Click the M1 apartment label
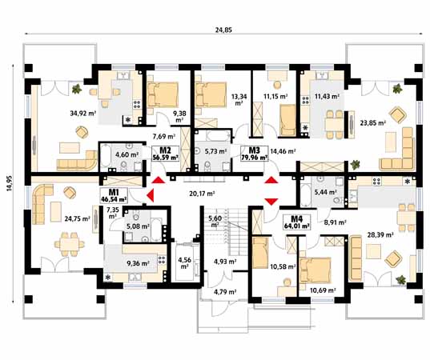click(114, 195)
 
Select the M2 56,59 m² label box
click(166, 154)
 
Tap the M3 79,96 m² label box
click(254, 154)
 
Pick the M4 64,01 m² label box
click(297, 222)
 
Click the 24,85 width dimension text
click(223, 30)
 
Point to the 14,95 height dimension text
click(10, 182)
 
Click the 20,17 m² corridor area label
click(202, 194)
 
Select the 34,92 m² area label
click(83, 113)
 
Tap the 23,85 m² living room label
click(373, 123)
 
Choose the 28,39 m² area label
click(380, 234)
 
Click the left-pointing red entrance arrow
click(150, 195)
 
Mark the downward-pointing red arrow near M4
click(271, 202)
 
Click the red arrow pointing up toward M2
click(159, 180)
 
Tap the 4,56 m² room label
click(184, 262)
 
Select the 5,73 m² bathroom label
click(216, 150)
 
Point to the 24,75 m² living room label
click(78, 218)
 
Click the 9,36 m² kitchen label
click(138, 263)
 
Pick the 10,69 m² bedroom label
click(323, 290)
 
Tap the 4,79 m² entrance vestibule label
click(225, 292)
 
